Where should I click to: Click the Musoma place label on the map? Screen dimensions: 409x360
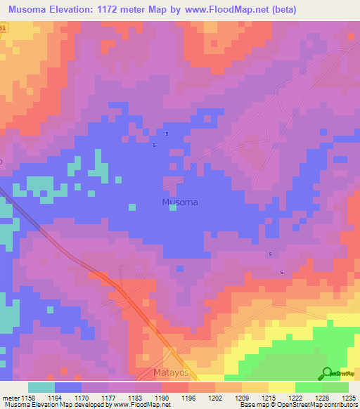[180, 202]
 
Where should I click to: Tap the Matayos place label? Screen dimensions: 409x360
[172, 372]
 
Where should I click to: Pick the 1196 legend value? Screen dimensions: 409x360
[188, 398]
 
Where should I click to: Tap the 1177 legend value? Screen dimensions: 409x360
[108, 398]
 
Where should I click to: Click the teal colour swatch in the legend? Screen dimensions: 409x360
[41, 387]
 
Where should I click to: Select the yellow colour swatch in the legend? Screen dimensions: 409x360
[281, 387]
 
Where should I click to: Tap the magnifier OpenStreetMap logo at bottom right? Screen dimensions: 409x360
[327, 373]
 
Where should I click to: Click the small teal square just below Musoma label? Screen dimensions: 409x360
[172, 208]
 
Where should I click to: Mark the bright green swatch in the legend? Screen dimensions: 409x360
[308, 387]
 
